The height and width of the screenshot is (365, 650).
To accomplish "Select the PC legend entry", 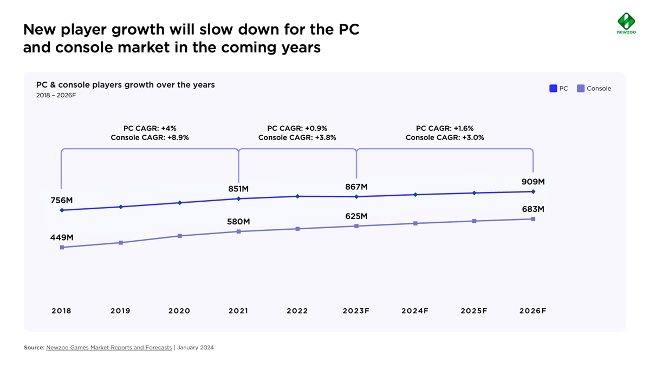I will (559, 88).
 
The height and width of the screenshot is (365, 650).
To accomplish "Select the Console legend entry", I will (594, 88).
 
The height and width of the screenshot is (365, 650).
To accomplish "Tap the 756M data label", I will (61, 200).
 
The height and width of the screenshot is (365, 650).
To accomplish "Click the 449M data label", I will (62, 237).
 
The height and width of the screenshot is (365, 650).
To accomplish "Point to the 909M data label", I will (533, 182).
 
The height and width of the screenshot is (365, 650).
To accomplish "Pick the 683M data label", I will (533, 209).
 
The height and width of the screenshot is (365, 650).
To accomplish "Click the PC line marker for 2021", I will (238, 199).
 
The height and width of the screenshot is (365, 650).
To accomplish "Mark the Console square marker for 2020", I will (179, 236).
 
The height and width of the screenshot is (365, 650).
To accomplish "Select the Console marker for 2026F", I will (534, 219).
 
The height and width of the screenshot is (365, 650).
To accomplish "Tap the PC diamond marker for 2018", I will (62, 210).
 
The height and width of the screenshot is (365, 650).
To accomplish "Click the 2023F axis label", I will (356, 311).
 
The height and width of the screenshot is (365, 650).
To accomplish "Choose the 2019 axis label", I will (120, 311).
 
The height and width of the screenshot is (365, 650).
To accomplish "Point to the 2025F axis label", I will (474, 311).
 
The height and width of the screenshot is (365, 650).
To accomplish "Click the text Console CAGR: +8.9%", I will (149, 138).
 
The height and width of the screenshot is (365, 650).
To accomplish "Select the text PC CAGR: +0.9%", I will (297, 129).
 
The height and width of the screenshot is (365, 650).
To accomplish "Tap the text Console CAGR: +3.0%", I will (445, 138).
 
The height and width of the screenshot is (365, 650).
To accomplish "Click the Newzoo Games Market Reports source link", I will (109, 348).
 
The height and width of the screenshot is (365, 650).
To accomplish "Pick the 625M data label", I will (356, 216).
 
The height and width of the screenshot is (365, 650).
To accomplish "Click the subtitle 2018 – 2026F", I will (56, 95).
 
